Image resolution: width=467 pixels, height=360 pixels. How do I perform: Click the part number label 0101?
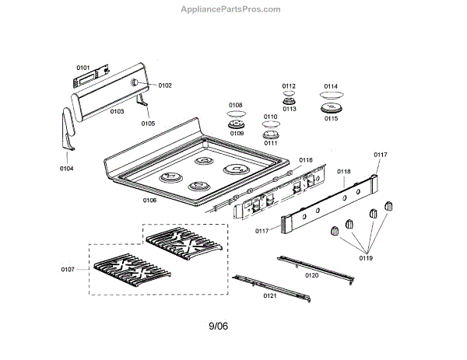pyautogui.click(x=83, y=68)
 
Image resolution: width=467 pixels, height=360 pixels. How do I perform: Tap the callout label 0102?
pyautogui.click(x=165, y=86)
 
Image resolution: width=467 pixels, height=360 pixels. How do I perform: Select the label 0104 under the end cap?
pyautogui.click(x=66, y=168)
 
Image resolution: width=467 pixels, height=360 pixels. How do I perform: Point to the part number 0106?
pyautogui.click(x=149, y=201)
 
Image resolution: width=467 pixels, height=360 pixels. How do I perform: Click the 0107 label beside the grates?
pyautogui.click(x=69, y=270)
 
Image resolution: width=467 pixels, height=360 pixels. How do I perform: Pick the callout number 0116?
pyautogui.click(x=305, y=161)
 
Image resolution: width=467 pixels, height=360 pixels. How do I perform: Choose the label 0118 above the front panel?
pyautogui.click(x=343, y=170)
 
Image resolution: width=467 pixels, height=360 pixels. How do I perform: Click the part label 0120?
pyautogui.click(x=312, y=275)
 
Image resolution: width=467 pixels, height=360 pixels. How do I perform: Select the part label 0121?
pyautogui.click(x=270, y=296)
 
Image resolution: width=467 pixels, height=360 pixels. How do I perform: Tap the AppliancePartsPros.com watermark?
pyautogui.click(x=230, y=9)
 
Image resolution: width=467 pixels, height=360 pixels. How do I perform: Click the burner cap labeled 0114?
pyautogui.click(x=331, y=99)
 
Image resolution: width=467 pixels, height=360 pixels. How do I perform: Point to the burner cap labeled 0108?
pyautogui.click(x=235, y=115)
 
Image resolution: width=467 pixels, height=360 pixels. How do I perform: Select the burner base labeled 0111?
pyautogui.click(x=271, y=134)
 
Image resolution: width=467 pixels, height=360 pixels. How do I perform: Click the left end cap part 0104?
pyautogui.click(x=65, y=128)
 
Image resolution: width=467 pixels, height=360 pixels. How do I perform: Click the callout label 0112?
pyautogui.click(x=289, y=86)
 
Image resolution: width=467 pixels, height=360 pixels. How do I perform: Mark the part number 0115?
pyautogui.click(x=331, y=119)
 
